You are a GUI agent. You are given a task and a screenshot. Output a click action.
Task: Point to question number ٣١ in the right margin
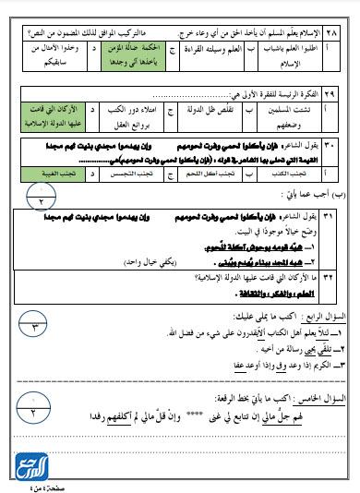347,216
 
